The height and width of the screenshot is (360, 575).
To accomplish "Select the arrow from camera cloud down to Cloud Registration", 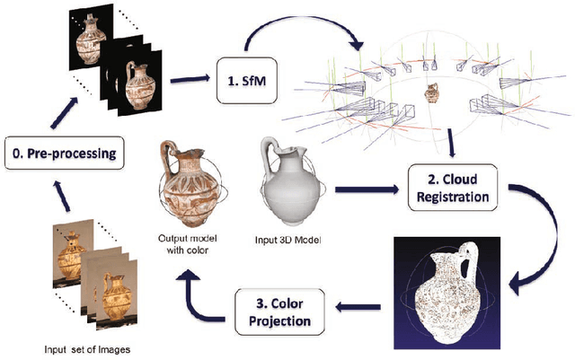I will point(452,139).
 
